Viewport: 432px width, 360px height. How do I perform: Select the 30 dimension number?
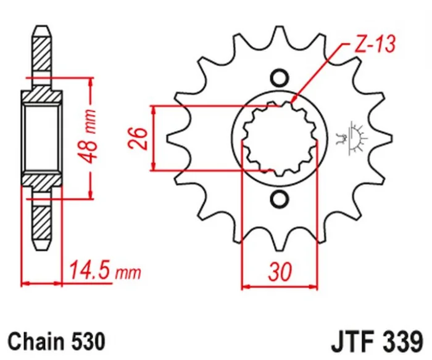click(279, 272)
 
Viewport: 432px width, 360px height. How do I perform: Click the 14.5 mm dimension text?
click(104, 269)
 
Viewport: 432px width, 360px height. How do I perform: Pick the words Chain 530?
click(51, 340)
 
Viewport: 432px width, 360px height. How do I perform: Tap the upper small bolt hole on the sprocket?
click(279, 78)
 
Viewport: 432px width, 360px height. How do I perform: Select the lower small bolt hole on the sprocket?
click(279, 198)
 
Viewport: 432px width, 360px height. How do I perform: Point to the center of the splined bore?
click(279, 138)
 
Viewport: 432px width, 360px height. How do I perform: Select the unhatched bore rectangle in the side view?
click(42, 138)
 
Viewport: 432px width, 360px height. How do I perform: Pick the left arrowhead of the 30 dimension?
click(244, 285)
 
